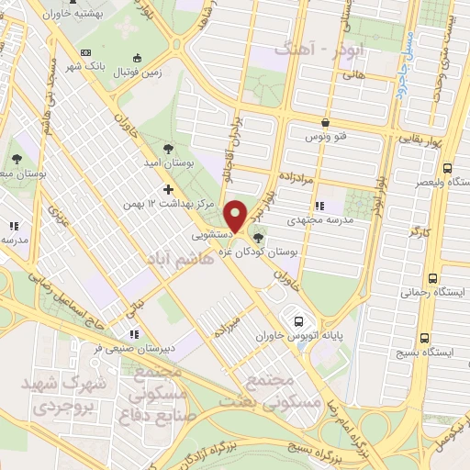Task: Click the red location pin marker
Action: tap(237, 215)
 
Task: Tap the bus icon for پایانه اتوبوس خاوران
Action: tap(298, 321)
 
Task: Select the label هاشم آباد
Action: tap(175, 260)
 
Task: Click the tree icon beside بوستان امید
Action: tap(166, 146)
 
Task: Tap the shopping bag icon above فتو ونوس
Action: tap(325, 122)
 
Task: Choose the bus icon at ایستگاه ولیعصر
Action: tap(446, 169)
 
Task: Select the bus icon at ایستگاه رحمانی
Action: tap(446, 277)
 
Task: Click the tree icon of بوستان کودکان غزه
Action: tap(256, 239)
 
